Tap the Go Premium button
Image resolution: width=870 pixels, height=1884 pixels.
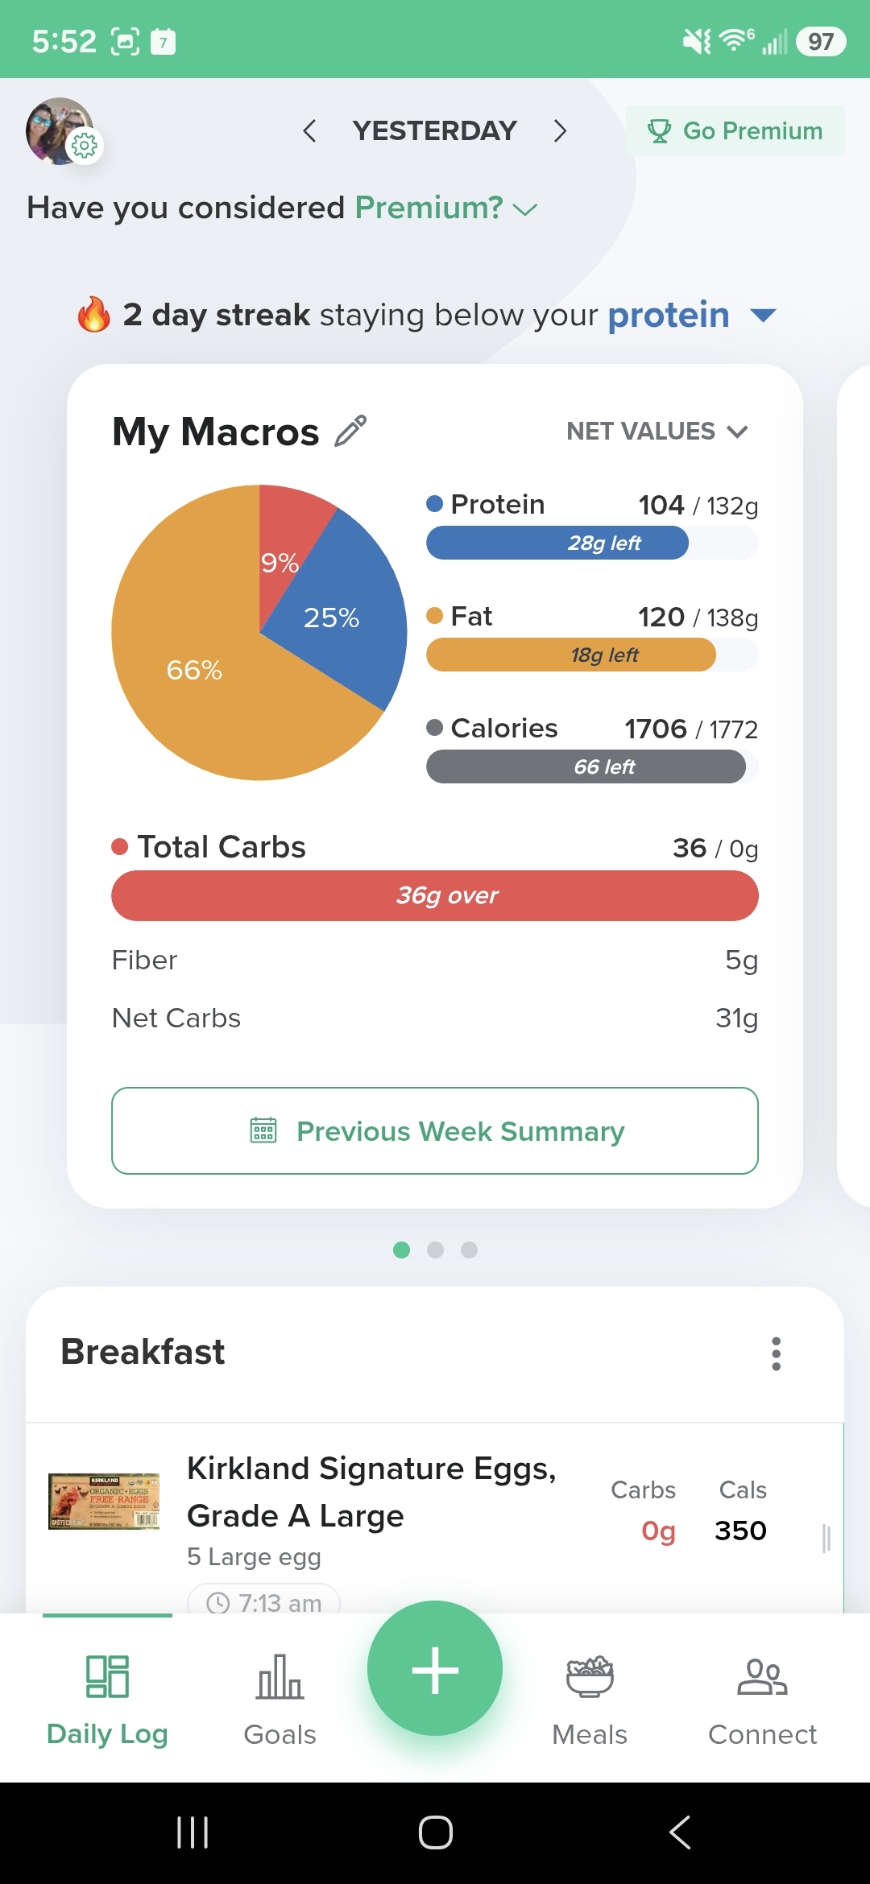point(735,130)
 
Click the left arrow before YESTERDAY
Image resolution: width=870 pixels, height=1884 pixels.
point(309,130)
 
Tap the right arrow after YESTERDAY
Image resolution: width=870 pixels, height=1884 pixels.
point(561,130)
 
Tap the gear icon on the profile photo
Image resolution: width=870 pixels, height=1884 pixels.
point(85,146)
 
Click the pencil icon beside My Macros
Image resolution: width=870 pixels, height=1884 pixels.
point(350,431)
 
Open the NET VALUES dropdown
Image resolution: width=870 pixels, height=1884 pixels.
point(657,432)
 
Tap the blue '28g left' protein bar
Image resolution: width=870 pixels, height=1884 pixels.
point(557,543)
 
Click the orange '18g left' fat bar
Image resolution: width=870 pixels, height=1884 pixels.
point(571,655)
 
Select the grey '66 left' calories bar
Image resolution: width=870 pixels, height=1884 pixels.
point(586,766)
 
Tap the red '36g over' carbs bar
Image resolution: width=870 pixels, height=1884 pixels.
point(435,895)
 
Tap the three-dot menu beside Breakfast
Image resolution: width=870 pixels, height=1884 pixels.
point(777,1353)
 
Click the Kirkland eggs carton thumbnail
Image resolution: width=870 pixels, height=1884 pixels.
point(104,1502)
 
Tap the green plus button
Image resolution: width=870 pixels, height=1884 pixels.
point(435,1668)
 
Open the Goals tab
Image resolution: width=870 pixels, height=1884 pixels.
point(280,1700)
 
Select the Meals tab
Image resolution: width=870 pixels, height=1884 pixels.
point(590,1700)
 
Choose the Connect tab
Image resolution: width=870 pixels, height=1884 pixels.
point(762,1700)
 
